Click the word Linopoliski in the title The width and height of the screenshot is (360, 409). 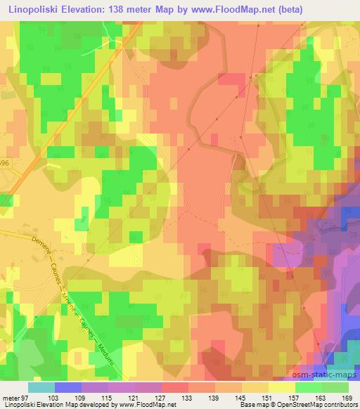point(37,9)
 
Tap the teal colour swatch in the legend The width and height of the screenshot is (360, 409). point(42,387)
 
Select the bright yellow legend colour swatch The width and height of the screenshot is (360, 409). point(282,387)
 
